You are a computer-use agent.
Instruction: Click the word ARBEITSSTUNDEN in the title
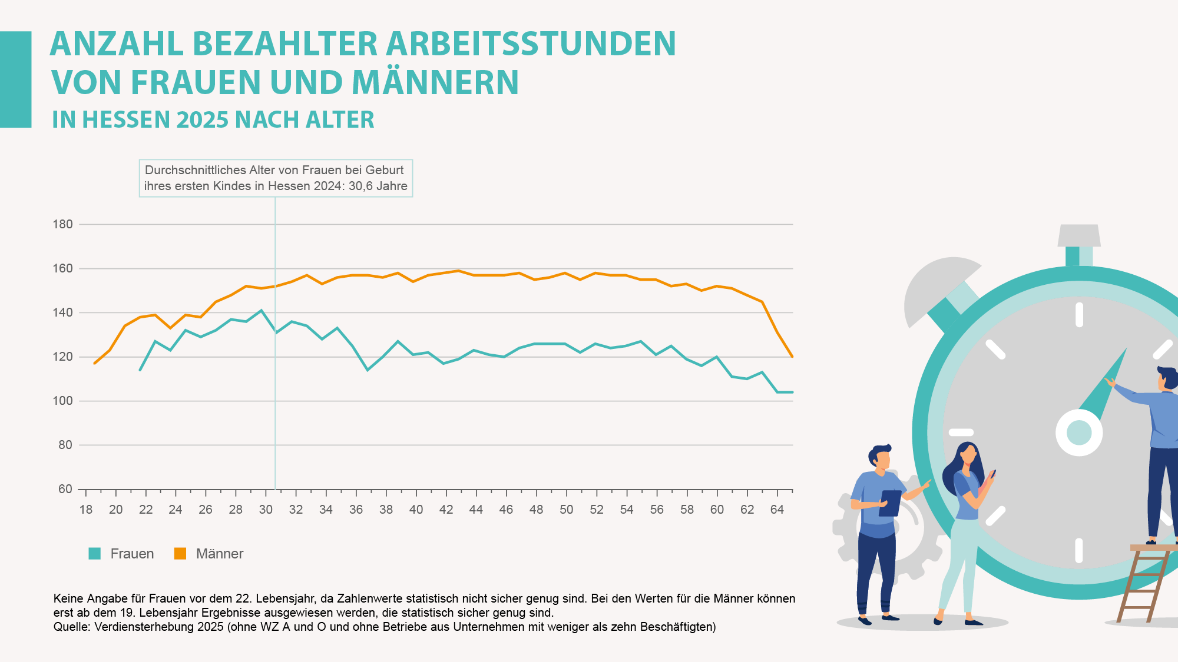(x=531, y=44)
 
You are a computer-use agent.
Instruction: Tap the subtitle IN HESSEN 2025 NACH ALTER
(x=213, y=120)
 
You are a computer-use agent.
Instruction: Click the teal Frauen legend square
(x=94, y=554)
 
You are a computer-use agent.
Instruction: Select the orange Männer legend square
(x=180, y=554)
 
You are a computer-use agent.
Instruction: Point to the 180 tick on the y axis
(x=62, y=224)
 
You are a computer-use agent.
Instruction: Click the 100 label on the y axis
(x=62, y=401)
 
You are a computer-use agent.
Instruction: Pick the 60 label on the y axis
(x=65, y=489)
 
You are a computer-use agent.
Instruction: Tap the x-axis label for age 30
(x=266, y=510)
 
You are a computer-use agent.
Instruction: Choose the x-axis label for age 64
(x=777, y=510)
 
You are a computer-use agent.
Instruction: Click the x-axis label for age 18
(x=86, y=510)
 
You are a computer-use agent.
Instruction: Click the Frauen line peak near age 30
(x=261, y=310)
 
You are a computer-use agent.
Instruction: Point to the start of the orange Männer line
(x=95, y=363)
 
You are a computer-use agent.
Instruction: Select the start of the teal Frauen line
(x=140, y=370)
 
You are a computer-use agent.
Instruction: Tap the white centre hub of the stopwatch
(x=1079, y=433)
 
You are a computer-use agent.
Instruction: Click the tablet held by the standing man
(x=890, y=503)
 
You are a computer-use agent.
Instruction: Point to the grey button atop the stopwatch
(x=1079, y=235)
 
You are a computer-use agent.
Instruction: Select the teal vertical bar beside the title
(x=15, y=79)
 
